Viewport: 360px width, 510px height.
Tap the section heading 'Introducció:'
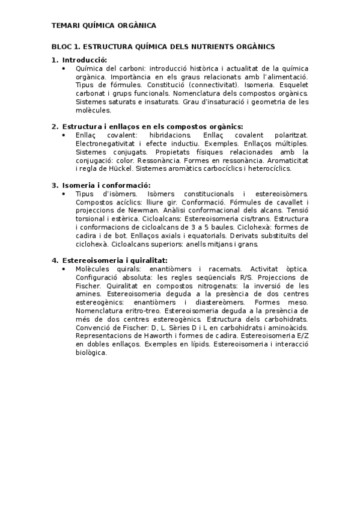coord(84,60)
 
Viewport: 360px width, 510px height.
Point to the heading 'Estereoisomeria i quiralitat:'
coord(114,260)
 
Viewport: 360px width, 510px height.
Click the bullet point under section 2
coord(64,135)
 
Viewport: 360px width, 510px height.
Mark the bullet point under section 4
coord(64,269)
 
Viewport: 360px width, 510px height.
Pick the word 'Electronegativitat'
coord(105,144)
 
